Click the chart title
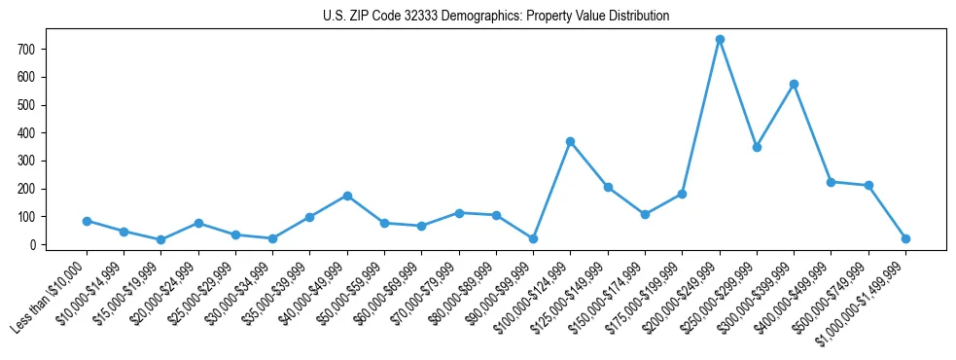496,17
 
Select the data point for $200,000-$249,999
720,40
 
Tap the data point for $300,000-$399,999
795,85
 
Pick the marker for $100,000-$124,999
571,142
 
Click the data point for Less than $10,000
87,221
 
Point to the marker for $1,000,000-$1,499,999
905,238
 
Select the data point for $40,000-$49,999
347,196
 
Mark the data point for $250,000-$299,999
757,147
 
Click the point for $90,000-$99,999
533,238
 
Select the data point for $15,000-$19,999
161,239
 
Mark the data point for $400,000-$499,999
832,182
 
